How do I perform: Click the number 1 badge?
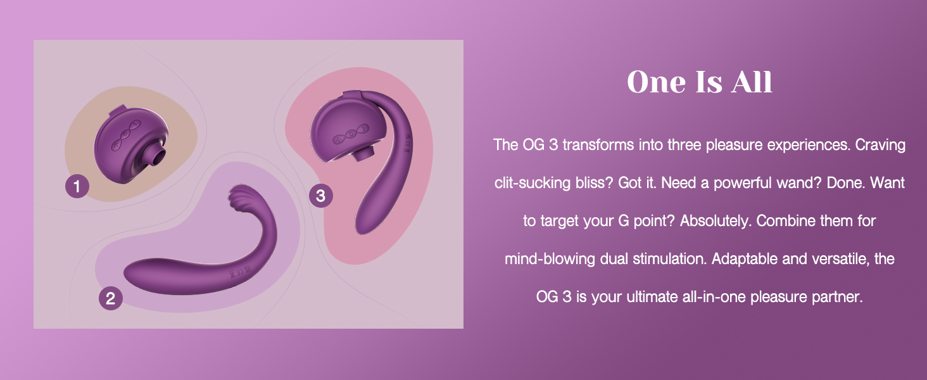pyautogui.click(x=77, y=186)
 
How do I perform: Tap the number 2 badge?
pyautogui.click(x=111, y=298)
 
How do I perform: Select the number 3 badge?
pyautogui.click(x=321, y=195)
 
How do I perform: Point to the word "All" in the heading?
pyautogui.click(x=752, y=82)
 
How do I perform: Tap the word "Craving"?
pyautogui.click(x=880, y=146)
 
